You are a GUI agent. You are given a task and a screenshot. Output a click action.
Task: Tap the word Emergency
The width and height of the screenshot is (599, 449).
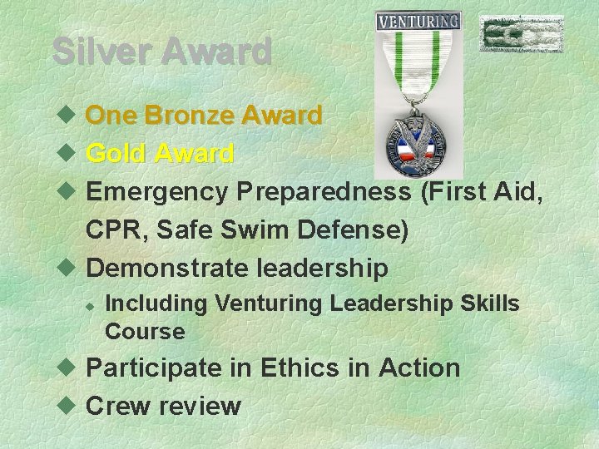(157, 192)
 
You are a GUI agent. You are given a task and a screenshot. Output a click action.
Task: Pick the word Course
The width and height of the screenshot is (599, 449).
(145, 332)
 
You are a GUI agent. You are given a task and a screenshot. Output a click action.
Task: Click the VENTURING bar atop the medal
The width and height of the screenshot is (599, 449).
(418, 21)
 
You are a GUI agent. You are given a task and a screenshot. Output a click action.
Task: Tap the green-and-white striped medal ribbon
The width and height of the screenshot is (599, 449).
(418, 75)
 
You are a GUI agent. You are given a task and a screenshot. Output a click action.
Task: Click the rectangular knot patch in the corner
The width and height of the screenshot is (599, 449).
(521, 34)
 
